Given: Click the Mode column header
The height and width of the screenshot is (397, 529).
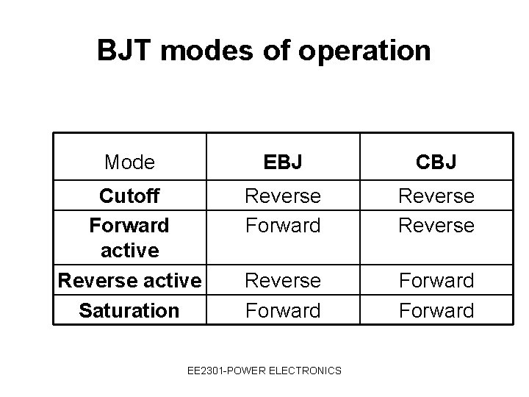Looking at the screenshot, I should pos(129,162).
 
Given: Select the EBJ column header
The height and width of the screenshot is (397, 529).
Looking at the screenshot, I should pos(283,162).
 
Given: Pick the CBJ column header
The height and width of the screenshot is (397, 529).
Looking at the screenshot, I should pos(436,162).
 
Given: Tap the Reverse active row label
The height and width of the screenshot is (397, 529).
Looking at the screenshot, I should pos(129,280).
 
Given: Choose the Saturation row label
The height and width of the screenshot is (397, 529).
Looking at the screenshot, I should pos(129,310).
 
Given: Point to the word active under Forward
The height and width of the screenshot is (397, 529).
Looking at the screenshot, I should pos(129,251).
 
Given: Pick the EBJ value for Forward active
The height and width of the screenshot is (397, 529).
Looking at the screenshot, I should pos(283,224).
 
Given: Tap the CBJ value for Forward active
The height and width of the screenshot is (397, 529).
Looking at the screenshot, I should pos(436,224).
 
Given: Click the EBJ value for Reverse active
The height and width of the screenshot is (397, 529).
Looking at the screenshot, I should pos(283,280).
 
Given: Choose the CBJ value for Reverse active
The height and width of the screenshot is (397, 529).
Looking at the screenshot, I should pos(436,280).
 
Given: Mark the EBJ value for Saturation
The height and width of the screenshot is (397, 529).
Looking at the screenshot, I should pos(283,310).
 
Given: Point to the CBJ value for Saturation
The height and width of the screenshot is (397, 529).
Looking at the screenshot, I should pos(436,310).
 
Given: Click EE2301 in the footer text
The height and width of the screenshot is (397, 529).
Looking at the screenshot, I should pos(205,371).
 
